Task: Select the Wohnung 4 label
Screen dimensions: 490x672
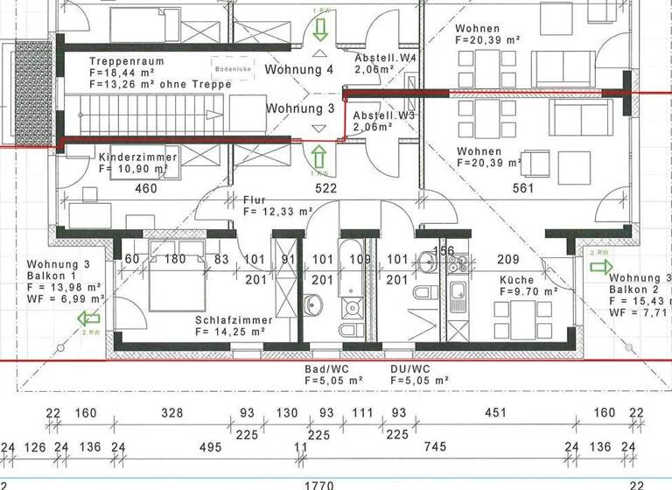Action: point(300,69)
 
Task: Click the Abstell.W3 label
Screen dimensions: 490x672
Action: point(383,115)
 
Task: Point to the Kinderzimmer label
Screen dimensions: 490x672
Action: point(138,157)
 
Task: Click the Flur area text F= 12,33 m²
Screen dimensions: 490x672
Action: point(278,211)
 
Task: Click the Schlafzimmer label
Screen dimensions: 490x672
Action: point(234,320)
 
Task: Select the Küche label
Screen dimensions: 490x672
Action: point(517,280)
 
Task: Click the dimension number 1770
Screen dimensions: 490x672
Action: point(317,482)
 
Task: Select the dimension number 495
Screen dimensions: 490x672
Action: point(210,447)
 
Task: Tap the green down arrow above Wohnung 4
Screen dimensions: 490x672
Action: point(319,31)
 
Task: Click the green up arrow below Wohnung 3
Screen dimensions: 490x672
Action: point(319,158)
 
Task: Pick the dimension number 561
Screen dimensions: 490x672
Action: point(523,188)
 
